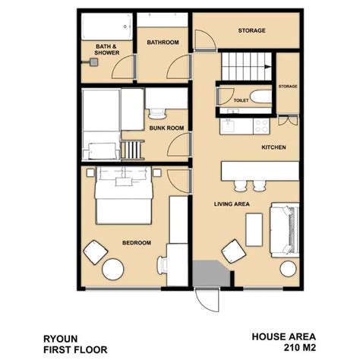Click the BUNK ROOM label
(166, 128)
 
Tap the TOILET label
(241, 100)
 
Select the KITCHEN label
(273, 147)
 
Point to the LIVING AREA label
(232, 204)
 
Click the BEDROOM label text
(137, 243)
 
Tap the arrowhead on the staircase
(267, 67)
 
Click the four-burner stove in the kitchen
(261, 126)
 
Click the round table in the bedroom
(113, 270)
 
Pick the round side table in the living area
(288, 269)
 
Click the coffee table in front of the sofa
(254, 229)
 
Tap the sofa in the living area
(285, 230)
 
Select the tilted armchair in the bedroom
(96, 252)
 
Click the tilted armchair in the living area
(234, 251)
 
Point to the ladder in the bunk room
(132, 150)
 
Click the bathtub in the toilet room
(261, 96)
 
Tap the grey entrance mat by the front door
(211, 273)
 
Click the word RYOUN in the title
(61, 339)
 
